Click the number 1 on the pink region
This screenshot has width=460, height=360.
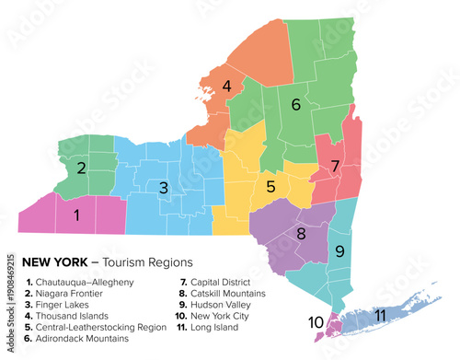point(77,215)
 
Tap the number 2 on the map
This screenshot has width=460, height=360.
point(82,168)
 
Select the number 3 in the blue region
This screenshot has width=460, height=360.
point(163,188)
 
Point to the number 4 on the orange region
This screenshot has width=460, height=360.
point(226,87)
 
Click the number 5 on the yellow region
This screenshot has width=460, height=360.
point(270,187)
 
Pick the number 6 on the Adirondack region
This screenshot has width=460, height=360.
point(295,105)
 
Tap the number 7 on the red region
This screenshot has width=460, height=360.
point(335,166)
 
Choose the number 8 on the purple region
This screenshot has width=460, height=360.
point(300,234)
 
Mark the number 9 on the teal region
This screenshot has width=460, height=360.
point(339,250)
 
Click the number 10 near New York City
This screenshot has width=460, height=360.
point(316,322)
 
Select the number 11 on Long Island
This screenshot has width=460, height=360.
point(379,315)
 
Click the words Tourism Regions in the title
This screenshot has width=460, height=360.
point(143,262)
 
